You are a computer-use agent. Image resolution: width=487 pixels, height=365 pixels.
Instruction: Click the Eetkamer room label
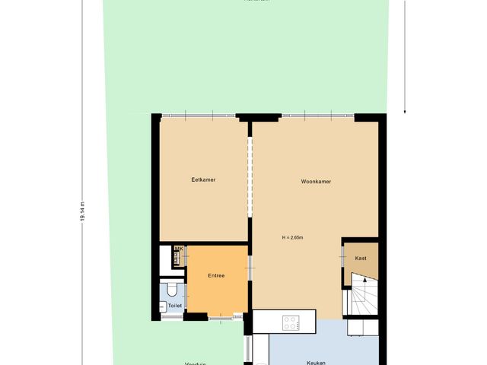click(x=203, y=179)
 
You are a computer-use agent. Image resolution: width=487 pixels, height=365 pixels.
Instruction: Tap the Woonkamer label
click(x=315, y=182)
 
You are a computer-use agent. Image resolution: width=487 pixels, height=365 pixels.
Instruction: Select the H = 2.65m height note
click(x=292, y=238)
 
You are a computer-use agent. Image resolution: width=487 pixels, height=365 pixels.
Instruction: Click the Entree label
click(x=217, y=275)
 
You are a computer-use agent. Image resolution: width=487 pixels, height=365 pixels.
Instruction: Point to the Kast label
click(x=361, y=258)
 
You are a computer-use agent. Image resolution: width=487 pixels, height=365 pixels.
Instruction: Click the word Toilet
click(x=175, y=306)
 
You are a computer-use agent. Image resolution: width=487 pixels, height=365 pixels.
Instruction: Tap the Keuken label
click(x=316, y=363)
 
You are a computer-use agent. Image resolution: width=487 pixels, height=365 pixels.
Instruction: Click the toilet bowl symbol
click(x=173, y=289)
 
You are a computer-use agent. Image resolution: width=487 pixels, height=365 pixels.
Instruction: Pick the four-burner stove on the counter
click(x=291, y=322)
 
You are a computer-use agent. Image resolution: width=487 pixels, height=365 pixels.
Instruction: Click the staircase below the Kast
click(x=362, y=297)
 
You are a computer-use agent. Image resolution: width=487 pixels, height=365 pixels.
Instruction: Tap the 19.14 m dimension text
click(x=81, y=211)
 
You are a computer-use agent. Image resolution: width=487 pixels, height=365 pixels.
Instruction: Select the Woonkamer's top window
click(x=317, y=115)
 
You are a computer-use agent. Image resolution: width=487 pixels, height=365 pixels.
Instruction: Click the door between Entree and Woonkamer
click(x=250, y=268)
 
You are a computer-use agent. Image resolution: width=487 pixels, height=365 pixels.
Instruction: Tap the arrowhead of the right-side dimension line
click(x=405, y=109)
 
